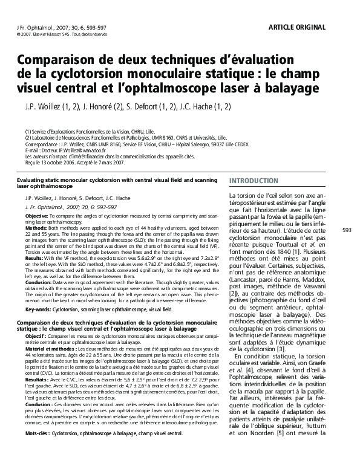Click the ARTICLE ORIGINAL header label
(296, 27)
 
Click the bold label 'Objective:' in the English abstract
(36, 216)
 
